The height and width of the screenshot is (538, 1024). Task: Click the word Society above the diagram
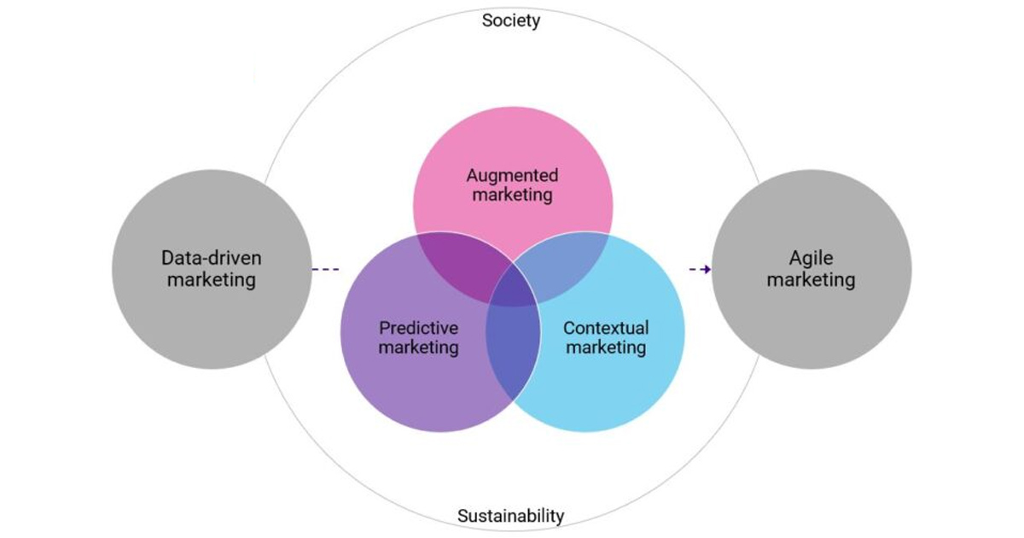tap(510, 20)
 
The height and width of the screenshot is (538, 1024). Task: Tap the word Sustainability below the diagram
tap(510, 516)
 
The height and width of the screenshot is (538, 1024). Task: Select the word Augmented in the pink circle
tap(512, 176)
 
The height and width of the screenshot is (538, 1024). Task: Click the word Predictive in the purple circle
tap(418, 328)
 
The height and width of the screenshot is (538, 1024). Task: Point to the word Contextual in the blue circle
tap(606, 328)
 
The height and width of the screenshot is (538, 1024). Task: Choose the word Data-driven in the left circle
tap(212, 257)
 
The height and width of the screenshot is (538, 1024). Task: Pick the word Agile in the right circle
tap(811, 257)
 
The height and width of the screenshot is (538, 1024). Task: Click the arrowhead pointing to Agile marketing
tap(706, 270)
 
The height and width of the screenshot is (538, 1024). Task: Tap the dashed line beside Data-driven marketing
tap(325, 270)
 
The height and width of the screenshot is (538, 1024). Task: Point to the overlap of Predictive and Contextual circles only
tap(513, 350)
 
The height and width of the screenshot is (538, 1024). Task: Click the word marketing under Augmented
tap(512, 196)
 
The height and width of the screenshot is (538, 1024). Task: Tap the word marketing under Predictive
tap(418, 348)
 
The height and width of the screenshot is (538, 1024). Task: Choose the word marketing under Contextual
tap(606, 348)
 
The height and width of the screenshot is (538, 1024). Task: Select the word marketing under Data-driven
tap(212, 279)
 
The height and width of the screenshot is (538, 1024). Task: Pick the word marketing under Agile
tap(811, 279)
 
